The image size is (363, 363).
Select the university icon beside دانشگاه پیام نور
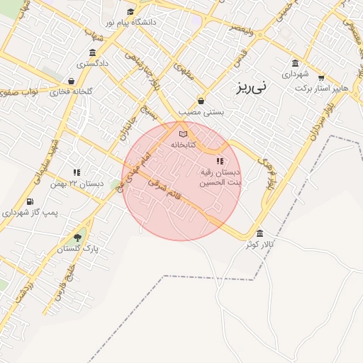(x=130, y=11)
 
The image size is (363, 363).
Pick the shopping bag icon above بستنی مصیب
(x=201, y=101)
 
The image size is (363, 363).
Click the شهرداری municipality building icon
(x=296, y=62)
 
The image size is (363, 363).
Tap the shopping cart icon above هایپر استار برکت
(x=321, y=77)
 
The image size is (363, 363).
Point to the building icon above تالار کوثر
(x=260, y=233)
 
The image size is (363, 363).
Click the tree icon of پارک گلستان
(x=77, y=237)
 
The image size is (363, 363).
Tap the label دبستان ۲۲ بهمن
(x=77, y=183)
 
